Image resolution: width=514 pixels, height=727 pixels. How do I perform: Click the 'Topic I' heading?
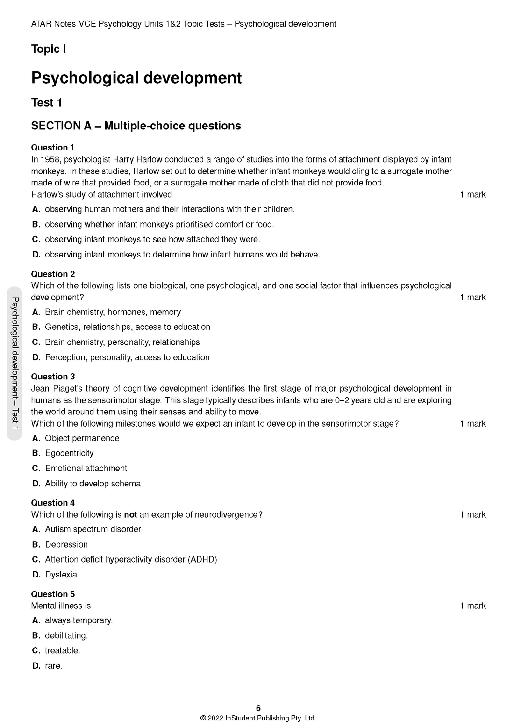pyautogui.click(x=49, y=49)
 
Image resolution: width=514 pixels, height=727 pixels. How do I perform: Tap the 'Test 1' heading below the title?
pyautogui.click(x=46, y=102)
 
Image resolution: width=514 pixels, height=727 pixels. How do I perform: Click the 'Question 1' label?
pyautogui.click(x=53, y=148)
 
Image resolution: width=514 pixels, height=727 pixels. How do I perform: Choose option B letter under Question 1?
pyautogui.click(x=36, y=224)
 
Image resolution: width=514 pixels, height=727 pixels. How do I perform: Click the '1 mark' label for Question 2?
pyautogui.click(x=472, y=297)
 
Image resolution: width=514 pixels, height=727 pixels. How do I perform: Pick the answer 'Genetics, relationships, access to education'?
pyautogui.click(x=127, y=327)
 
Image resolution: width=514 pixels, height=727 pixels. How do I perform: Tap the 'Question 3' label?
pyautogui.click(x=53, y=377)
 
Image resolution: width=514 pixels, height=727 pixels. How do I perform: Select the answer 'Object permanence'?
pyautogui.click(x=82, y=438)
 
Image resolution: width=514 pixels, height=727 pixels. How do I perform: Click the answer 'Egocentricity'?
pyautogui.click(x=69, y=453)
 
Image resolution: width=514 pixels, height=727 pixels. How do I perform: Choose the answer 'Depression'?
pyautogui.click(x=66, y=544)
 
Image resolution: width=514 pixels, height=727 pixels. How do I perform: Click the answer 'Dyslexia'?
pyautogui.click(x=61, y=575)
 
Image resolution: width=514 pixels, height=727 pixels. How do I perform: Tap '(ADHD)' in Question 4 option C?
pyautogui.click(x=202, y=559)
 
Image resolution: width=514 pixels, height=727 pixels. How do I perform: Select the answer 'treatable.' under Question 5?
pyautogui.click(x=63, y=650)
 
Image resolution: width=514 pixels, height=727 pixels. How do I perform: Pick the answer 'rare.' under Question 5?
pyautogui.click(x=53, y=666)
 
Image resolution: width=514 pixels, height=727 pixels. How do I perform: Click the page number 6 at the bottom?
pyautogui.click(x=258, y=708)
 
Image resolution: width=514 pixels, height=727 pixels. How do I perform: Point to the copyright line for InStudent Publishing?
pyautogui.click(x=258, y=718)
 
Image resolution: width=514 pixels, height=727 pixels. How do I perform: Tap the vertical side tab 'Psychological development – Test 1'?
pyautogui.click(x=14, y=363)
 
